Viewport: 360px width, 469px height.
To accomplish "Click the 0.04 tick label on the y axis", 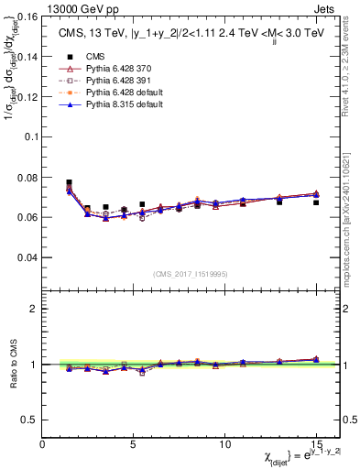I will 26,257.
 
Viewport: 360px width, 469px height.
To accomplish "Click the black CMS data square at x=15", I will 316,202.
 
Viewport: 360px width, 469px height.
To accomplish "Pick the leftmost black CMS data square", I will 70,182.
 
